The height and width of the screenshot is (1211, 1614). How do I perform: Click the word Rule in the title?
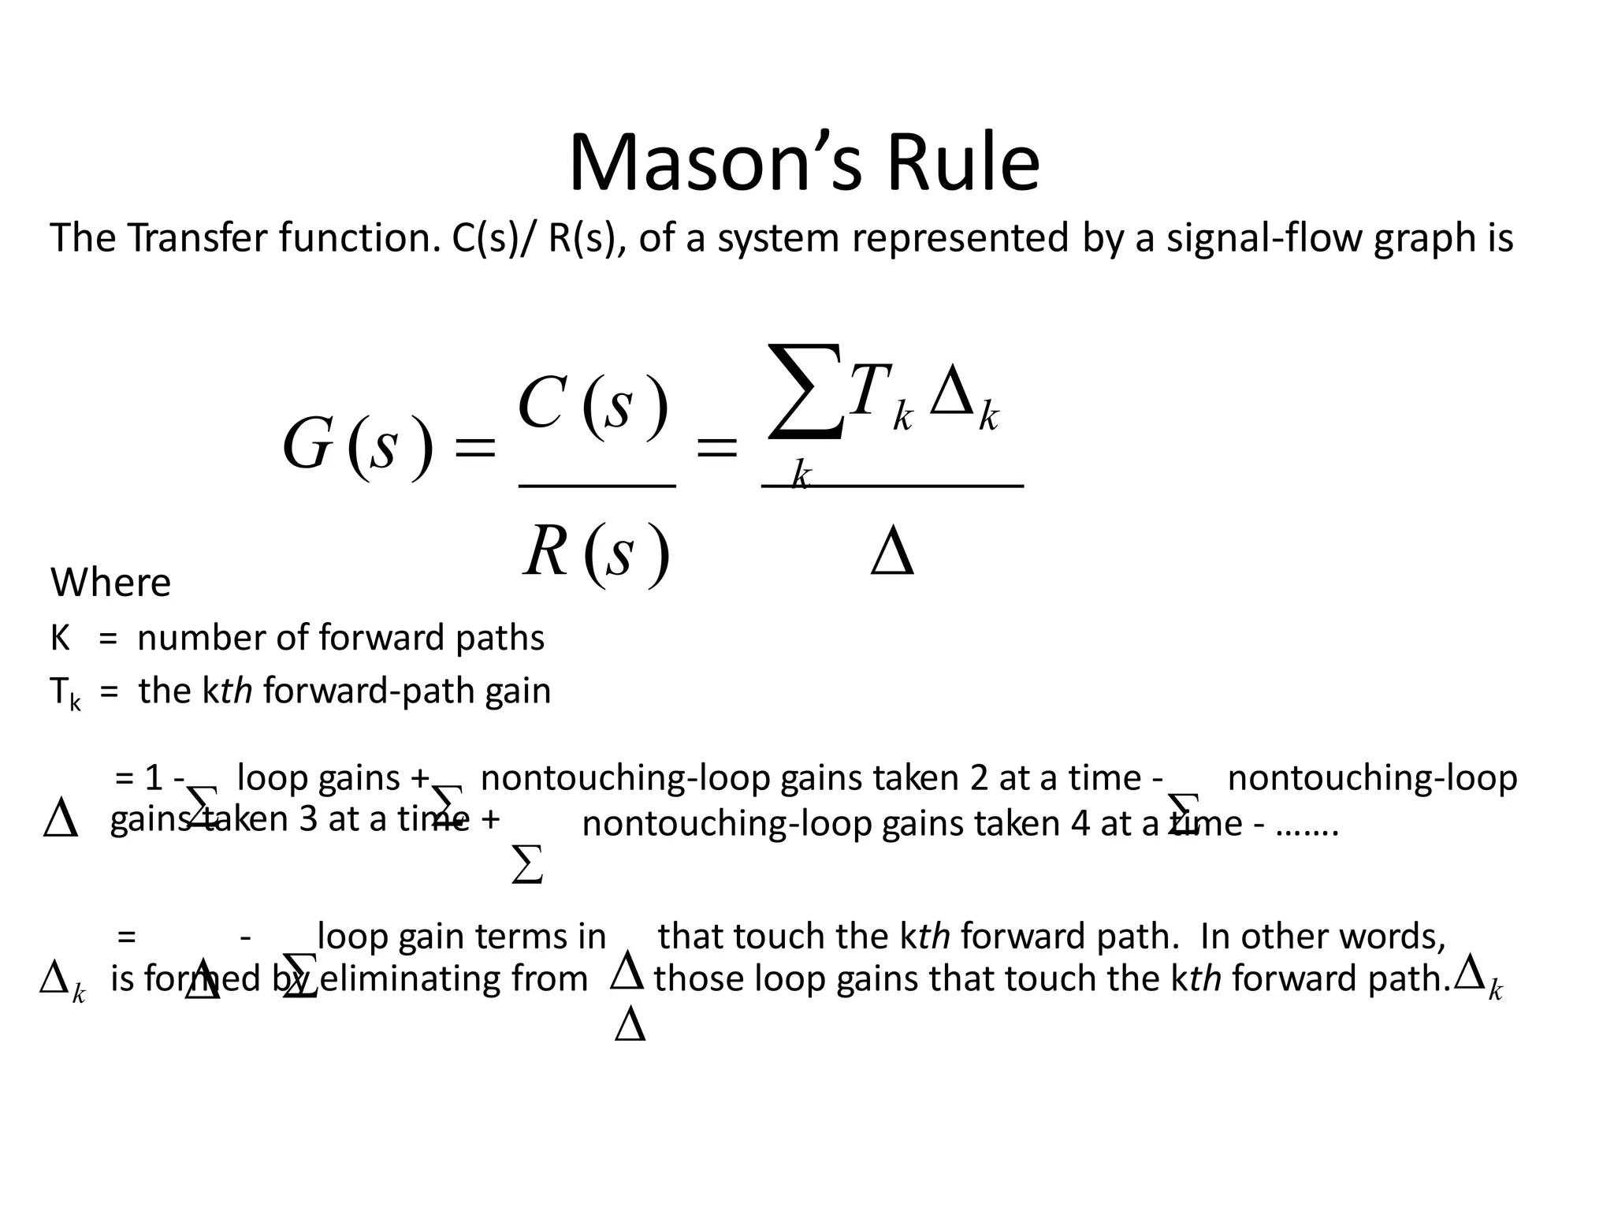[x=963, y=164]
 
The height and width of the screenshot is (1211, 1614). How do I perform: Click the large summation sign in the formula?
[x=804, y=391]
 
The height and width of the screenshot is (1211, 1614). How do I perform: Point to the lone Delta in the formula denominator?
[x=892, y=553]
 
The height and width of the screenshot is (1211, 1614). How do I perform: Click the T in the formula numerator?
[x=870, y=391]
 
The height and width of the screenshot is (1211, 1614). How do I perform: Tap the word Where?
[x=110, y=583]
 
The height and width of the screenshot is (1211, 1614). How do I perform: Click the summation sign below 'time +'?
[x=526, y=865]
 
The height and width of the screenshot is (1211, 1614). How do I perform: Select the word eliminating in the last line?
[x=454, y=979]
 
